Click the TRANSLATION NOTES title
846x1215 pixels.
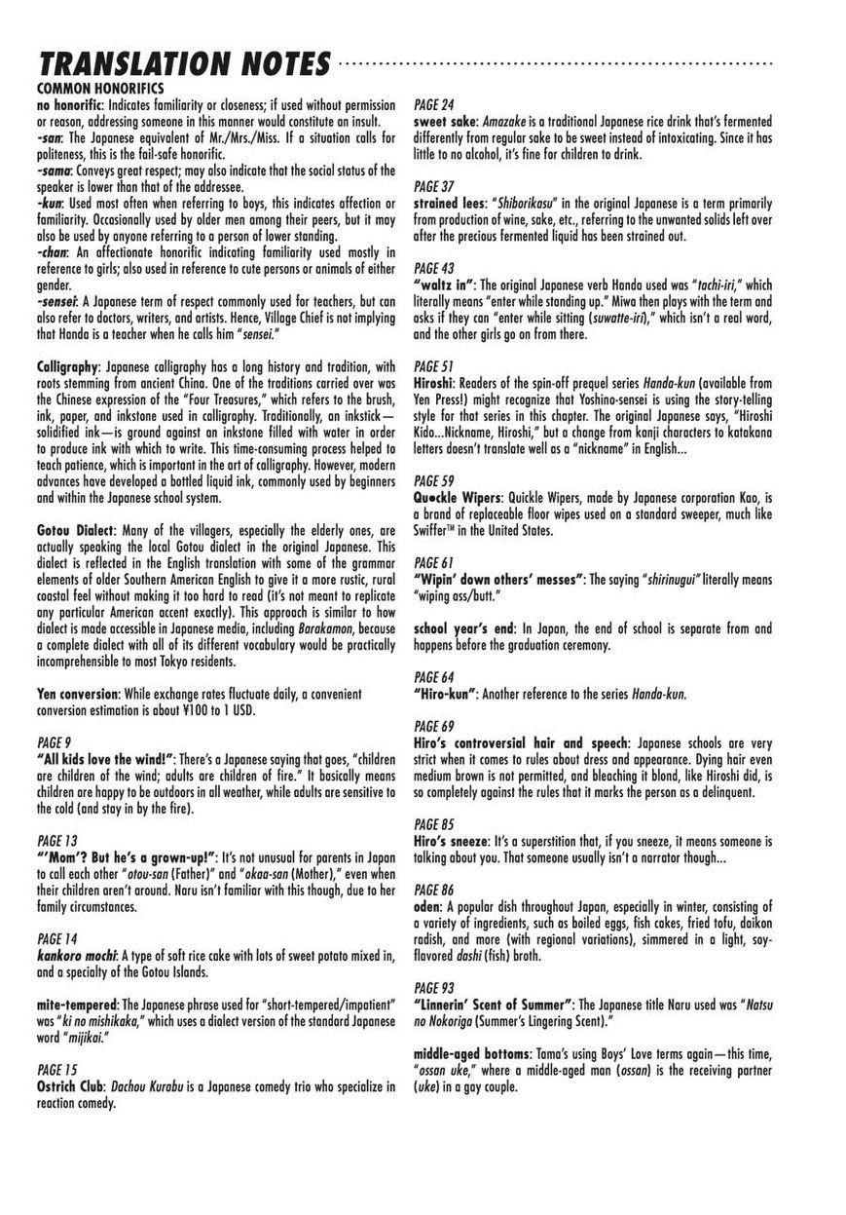[x=183, y=65]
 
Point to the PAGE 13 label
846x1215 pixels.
[x=55, y=840]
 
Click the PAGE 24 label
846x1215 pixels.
[x=434, y=103]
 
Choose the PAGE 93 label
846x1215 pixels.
[x=434, y=987]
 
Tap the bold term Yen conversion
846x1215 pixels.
[x=76, y=694]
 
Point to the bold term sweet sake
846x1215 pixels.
[x=444, y=121]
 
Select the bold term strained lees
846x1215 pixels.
[x=451, y=204]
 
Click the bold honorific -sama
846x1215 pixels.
[x=55, y=171]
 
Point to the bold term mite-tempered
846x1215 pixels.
[x=80, y=1004]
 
